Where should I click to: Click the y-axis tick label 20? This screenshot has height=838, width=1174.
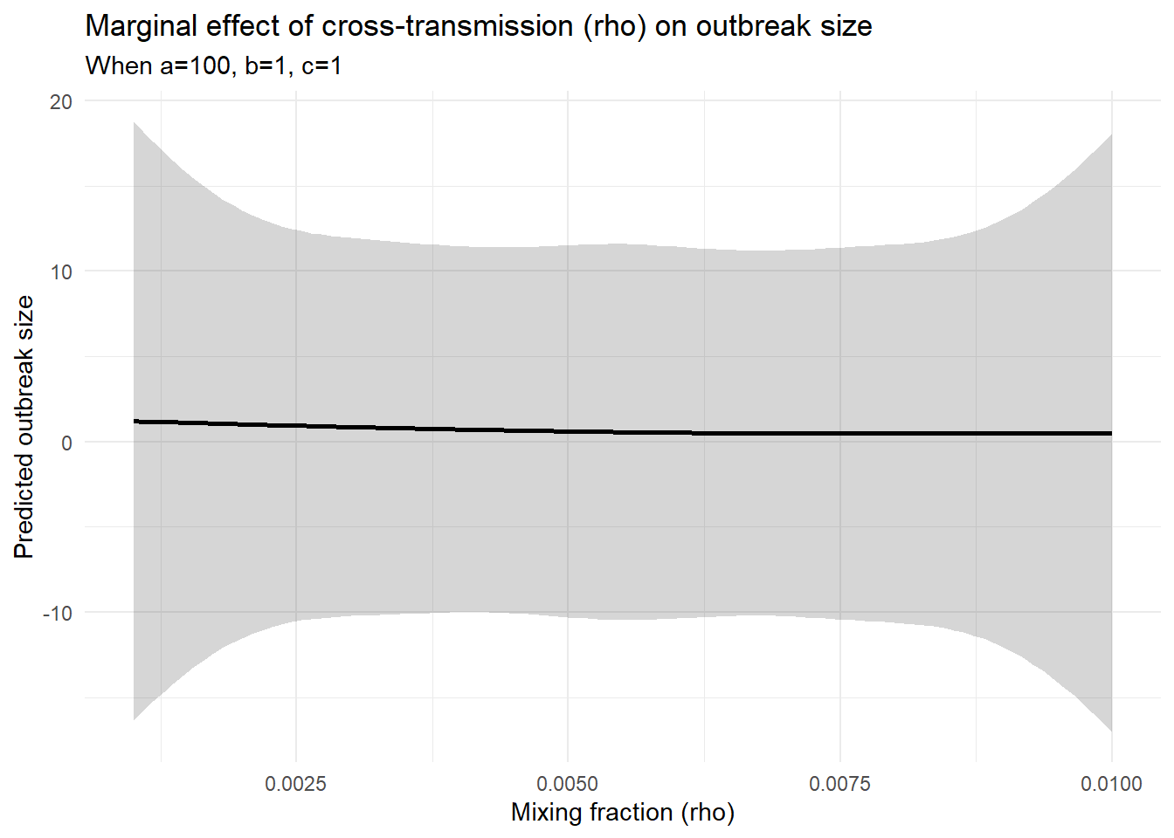click(61, 101)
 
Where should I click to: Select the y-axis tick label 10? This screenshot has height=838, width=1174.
click(61, 271)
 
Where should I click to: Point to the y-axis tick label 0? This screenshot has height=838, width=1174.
click(66, 443)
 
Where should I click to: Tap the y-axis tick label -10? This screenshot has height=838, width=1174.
click(58, 613)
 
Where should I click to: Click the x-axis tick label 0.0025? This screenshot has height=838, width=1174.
click(295, 783)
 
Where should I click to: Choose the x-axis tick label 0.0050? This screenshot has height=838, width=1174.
click(568, 783)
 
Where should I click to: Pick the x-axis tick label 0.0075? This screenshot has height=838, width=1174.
click(839, 783)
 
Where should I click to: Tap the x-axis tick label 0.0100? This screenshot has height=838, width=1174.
click(1111, 783)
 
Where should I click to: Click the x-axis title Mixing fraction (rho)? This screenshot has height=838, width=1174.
click(623, 812)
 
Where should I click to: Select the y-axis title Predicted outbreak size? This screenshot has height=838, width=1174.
click(24, 427)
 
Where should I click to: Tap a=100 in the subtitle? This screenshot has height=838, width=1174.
click(194, 65)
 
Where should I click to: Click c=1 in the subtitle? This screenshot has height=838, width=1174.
click(321, 65)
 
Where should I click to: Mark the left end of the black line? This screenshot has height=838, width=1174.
click(135, 422)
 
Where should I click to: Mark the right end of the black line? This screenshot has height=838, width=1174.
click(1111, 433)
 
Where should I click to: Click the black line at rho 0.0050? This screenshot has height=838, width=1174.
click(568, 431)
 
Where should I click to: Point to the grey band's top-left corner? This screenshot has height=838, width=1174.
click(135, 122)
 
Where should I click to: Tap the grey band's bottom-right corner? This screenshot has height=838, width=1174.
click(1111, 731)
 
